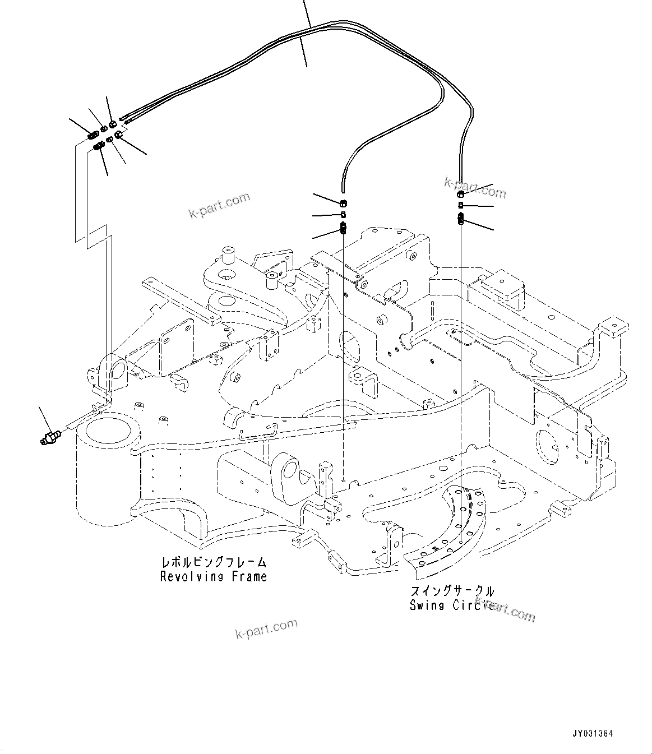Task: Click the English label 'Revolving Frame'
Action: click(x=214, y=576)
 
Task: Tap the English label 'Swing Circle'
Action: click(x=451, y=605)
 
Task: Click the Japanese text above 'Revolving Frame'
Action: click(x=213, y=562)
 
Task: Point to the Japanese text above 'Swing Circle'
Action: click(x=452, y=591)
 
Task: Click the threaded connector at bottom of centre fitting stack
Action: click(x=344, y=228)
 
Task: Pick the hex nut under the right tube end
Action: click(x=460, y=195)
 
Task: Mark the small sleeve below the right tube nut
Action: click(x=460, y=206)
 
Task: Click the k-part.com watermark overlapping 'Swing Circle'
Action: click(x=505, y=609)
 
